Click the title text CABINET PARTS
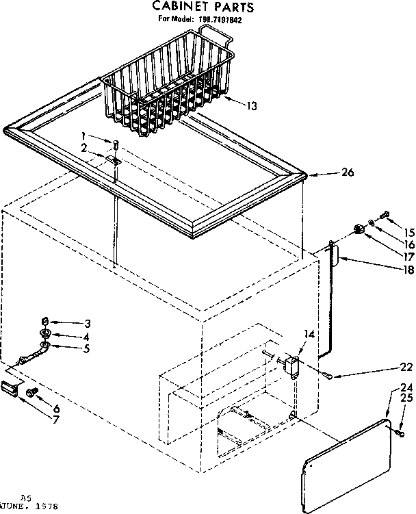[x=203, y=8]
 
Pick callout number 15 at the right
[x=409, y=233]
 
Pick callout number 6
[x=56, y=409]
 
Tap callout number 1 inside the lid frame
[x=83, y=135]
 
